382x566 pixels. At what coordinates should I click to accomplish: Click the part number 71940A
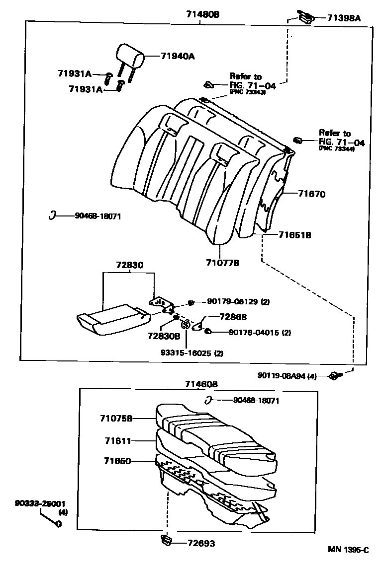(177, 57)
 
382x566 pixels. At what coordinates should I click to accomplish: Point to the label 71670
(311, 194)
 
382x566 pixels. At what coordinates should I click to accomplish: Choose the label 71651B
(294, 235)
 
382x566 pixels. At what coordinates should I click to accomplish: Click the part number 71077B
(222, 262)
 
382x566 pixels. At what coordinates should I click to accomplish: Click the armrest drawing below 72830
(112, 320)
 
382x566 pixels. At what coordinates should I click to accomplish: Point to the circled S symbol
(185, 325)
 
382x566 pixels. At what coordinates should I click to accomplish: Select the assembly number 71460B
(202, 384)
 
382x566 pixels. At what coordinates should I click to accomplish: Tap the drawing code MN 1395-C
(348, 550)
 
